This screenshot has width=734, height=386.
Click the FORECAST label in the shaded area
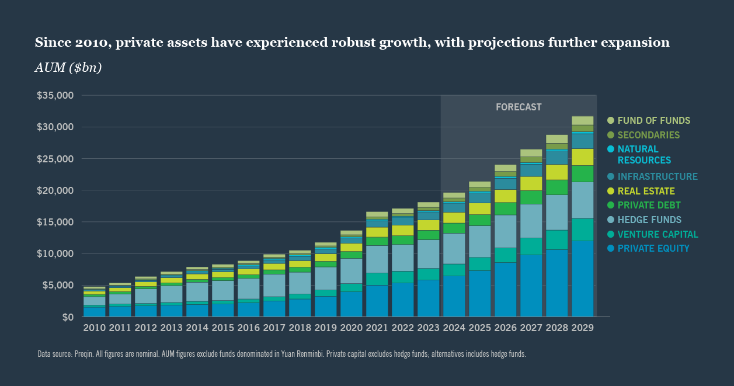coord(519,107)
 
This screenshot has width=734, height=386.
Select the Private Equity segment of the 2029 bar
coord(582,279)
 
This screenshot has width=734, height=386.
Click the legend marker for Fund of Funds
coord(611,120)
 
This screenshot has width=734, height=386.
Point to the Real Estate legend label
coord(646,191)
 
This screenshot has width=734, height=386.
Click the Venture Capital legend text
coord(658,234)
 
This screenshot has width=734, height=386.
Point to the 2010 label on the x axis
coord(94,328)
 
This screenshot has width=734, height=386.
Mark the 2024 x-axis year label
coord(454,328)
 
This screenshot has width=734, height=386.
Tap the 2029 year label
coord(582,328)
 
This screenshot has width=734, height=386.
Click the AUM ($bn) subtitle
coord(68,68)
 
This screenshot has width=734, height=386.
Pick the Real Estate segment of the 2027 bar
coord(531,183)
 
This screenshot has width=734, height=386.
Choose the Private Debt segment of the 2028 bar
coord(556,187)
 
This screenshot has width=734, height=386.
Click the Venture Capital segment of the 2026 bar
coord(505,255)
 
